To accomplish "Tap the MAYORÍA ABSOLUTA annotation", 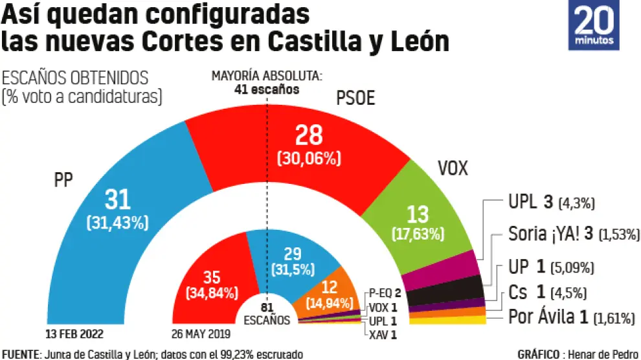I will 267,82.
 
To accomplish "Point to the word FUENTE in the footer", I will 20,354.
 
